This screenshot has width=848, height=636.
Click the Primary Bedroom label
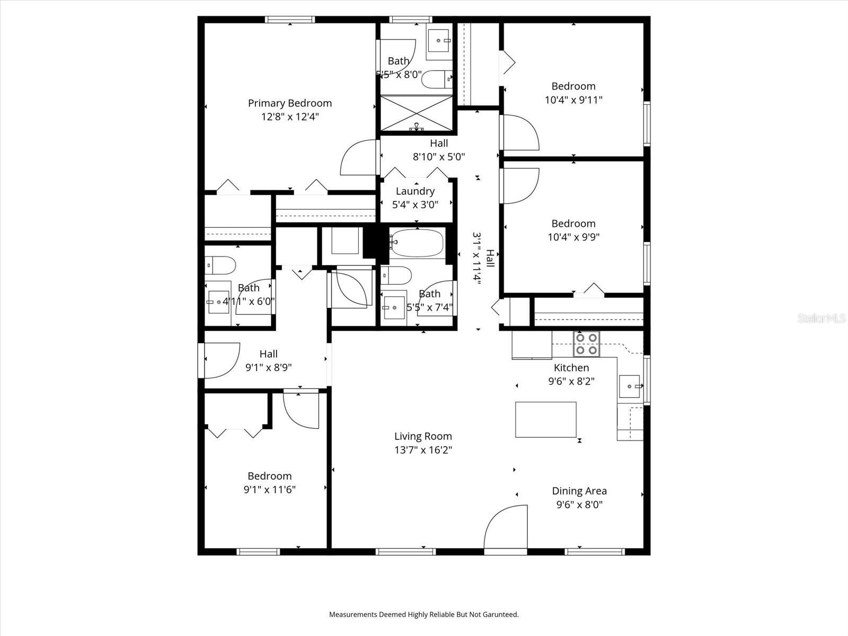(289, 103)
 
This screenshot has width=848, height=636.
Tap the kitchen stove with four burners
(587, 343)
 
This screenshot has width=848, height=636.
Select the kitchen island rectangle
(545, 419)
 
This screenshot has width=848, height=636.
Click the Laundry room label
(415, 191)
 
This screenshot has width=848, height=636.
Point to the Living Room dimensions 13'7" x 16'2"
(422, 450)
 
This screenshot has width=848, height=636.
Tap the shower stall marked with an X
(417, 112)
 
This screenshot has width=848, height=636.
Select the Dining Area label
(579, 491)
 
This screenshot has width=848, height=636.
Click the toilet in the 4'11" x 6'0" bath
(220, 264)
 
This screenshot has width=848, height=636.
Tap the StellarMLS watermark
(821, 318)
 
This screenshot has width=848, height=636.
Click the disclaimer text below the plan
(423, 615)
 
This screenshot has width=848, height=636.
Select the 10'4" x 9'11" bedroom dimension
(573, 100)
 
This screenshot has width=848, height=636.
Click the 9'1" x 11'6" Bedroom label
(269, 476)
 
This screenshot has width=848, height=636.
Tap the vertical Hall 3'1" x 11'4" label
(483, 259)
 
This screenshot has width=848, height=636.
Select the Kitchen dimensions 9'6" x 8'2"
(571, 381)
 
